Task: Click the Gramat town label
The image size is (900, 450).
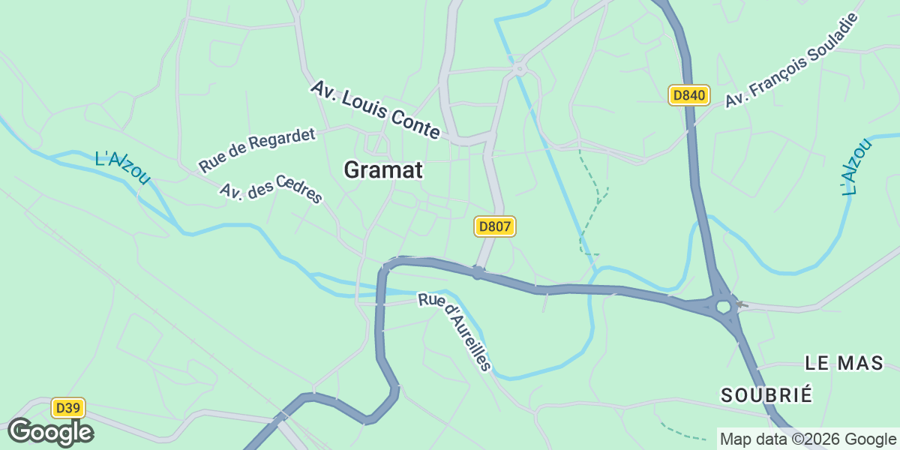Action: (383, 170)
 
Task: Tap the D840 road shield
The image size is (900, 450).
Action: (688, 95)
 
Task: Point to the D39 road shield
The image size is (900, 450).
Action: (68, 408)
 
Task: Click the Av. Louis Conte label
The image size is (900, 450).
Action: (375, 109)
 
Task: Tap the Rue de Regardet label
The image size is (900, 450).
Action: (257, 149)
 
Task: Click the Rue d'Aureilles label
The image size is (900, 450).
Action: (455, 331)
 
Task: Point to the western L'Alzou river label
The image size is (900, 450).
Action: (123, 167)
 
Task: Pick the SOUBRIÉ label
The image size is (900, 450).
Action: (766, 395)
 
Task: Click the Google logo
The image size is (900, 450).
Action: (50, 432)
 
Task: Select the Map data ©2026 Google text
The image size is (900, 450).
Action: (807, 439)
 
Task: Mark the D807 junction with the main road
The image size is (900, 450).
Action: (478, 271)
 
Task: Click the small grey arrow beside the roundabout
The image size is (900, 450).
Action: (742, 304)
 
